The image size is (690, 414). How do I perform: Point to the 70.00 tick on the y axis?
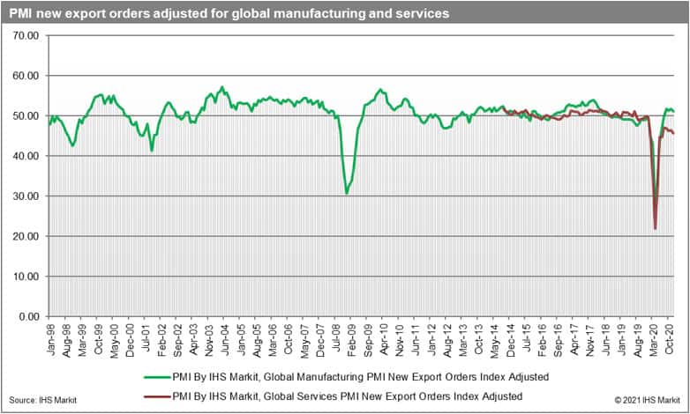[26, 35]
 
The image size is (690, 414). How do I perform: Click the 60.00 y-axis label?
[26, 76]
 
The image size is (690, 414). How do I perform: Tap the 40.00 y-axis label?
[26, 156]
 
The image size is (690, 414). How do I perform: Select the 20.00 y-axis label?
[26, 236]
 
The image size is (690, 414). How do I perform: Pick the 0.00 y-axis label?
[29, 316]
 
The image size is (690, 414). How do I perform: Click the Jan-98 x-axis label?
[51, 340]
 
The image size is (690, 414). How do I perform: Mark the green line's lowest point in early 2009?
[347, 193]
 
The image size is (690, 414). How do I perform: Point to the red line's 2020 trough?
[655, 229]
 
